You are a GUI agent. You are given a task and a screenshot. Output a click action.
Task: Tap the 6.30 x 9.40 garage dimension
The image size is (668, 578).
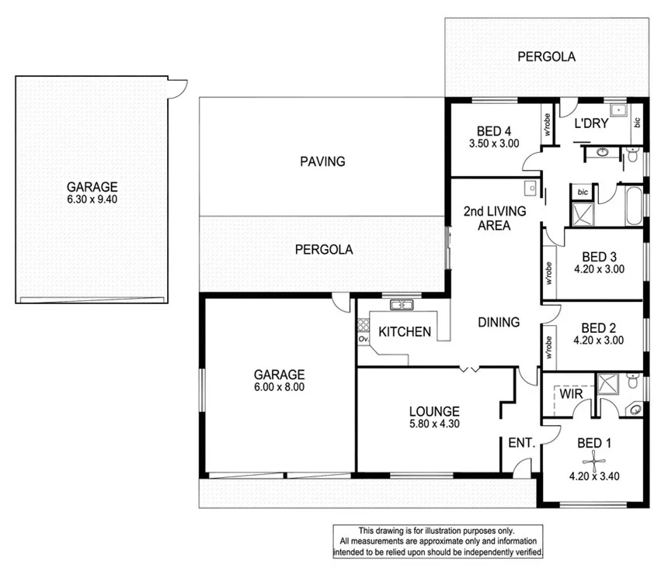coord(92,199)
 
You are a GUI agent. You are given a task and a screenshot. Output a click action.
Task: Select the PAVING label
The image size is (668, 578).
coord(322,161)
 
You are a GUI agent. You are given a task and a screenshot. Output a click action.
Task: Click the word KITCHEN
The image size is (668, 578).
coord(404,332)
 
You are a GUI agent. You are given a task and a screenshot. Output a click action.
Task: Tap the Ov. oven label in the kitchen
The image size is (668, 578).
coord(363,339)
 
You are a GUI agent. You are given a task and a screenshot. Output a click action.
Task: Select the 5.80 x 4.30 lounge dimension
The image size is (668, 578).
coord(435,424)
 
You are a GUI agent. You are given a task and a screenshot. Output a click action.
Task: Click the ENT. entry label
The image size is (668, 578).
coord(521,444)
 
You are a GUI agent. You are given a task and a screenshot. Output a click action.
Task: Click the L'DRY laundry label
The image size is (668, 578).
coord(590,123)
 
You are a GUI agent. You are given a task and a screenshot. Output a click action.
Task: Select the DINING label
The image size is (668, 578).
coord(498,322)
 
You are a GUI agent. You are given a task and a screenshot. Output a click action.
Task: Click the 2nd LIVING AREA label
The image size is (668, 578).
coord(494,218)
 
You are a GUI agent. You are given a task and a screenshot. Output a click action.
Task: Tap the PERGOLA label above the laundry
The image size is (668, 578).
coord(547,57)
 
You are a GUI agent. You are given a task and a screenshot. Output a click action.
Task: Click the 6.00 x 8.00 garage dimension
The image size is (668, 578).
coord(277,387)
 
